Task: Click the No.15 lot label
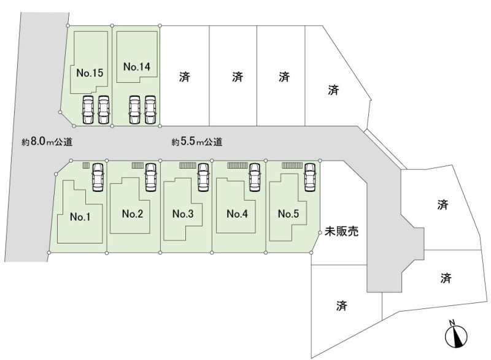89,73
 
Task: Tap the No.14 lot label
136,66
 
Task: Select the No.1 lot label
80,216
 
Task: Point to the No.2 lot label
132,213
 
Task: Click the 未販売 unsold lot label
341,232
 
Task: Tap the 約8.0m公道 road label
47,142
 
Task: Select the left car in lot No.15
88,110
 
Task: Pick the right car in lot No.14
150,109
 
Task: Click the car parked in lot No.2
150,178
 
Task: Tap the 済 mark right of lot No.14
185,77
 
